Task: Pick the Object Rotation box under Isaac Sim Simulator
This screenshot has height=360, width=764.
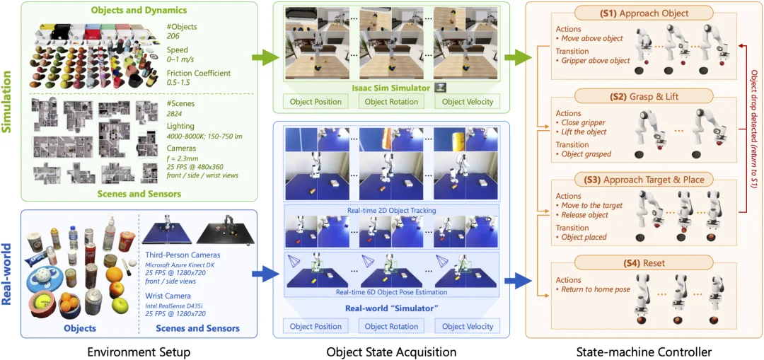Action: (x=391, y=102)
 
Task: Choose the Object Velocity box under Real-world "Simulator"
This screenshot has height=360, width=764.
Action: (x=468, y=326)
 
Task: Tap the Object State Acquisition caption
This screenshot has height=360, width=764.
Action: (x=391, y=351)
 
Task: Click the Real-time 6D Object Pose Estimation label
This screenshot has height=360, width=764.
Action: (x=390, y=291)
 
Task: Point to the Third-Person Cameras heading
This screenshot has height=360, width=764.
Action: (x=183, y=255)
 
